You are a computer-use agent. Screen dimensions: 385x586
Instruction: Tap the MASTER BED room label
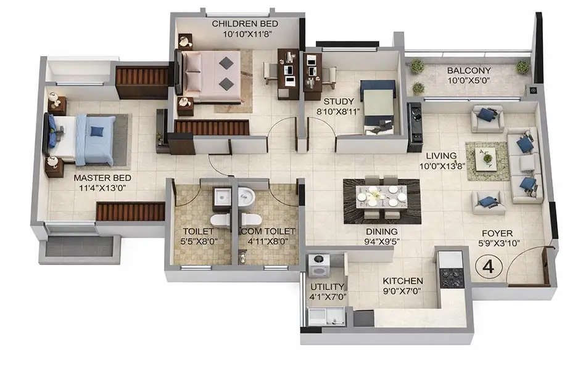[102, 178]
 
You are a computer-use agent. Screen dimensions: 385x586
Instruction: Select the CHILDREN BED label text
[245, 24]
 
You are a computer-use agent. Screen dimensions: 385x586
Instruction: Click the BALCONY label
[469, 70]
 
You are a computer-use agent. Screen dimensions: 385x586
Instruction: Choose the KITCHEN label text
[402, 280]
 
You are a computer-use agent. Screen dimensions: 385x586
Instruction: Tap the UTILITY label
[328, 287]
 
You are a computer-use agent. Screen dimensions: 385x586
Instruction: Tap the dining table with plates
[382, 198]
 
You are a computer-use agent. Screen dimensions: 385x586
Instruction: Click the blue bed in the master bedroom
[86, 140]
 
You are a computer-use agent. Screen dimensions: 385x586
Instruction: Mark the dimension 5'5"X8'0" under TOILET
[199, 241]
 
